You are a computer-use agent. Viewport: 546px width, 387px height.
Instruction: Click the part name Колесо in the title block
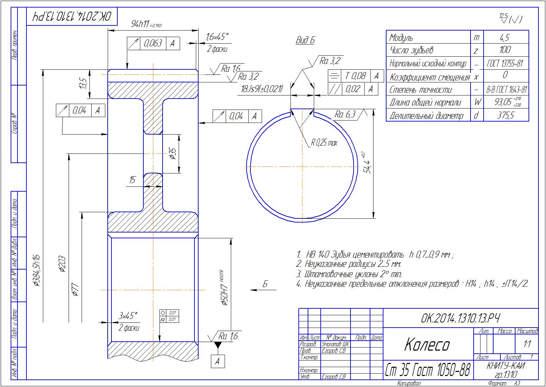point(427,344)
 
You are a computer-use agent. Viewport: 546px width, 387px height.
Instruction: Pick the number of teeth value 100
point(505,50)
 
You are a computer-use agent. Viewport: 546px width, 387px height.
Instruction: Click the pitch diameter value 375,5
point(506,115)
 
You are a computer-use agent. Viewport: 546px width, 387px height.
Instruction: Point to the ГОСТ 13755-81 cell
point(505,64)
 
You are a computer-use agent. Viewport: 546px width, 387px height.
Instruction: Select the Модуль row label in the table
point(401,37)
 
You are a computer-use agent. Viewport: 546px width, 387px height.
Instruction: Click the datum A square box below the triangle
point(217,361)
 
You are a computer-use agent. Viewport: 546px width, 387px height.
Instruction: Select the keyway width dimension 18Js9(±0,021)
point(262,89)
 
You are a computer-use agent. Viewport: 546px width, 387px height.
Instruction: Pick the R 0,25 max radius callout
point(324,143)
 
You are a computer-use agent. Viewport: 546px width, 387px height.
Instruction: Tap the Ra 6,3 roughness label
point(345,114)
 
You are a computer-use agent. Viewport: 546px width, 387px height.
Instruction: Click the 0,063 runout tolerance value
point(153,43)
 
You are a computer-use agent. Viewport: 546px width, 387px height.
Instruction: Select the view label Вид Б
point(305,41)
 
